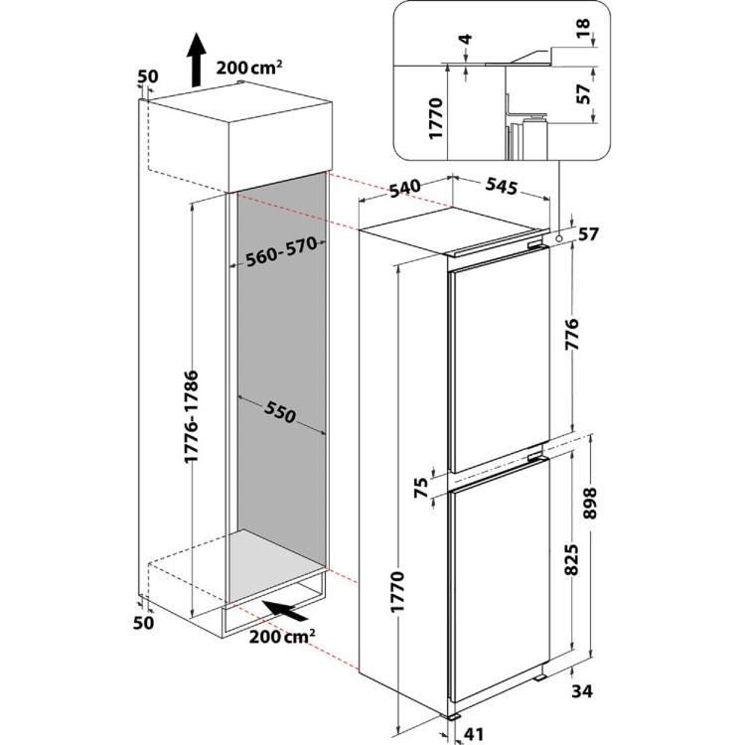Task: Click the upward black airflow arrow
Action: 197,59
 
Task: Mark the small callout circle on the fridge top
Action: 562,236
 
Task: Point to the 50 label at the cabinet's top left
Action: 148,75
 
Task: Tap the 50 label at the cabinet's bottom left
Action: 144,622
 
